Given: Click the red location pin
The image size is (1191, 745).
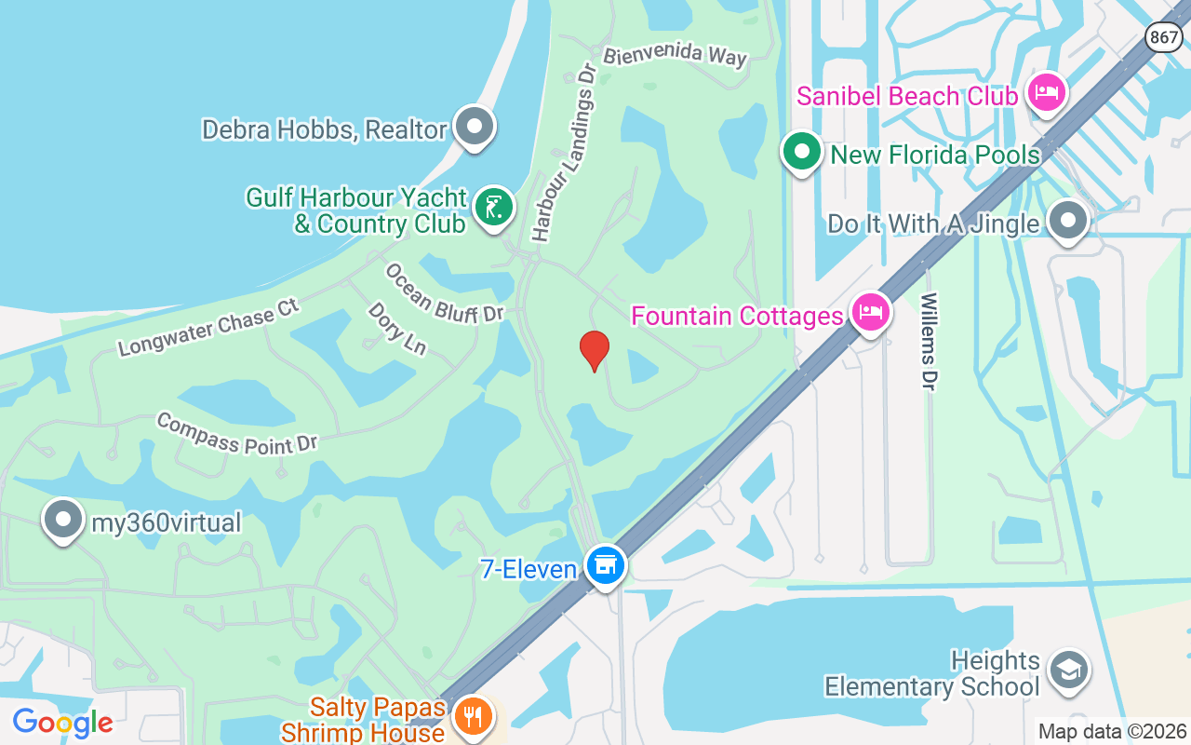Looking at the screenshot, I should coord(595,350).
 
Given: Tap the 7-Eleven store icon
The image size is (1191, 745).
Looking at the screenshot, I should coord(606,564).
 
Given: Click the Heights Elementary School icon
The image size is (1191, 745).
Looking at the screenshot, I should coord(1068,669).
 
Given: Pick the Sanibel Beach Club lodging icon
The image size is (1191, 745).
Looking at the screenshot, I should coord(1048,93).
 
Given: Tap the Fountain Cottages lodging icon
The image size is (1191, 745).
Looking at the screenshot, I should coord(871,312).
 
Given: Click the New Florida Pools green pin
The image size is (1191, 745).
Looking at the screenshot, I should coord(801,151).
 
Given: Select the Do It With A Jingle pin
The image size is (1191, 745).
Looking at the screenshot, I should coord(1067,221).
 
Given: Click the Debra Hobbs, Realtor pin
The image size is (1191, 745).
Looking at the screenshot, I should coord(475,126).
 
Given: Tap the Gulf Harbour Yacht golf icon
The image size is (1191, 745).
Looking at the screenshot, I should coord(494,207).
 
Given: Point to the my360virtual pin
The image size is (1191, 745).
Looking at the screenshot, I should coord(63,520).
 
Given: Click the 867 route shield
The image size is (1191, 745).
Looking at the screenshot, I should coord(1164,37).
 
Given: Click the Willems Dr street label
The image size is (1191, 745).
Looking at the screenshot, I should coord(929,341).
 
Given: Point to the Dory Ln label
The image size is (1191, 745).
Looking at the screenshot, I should coord(396,328).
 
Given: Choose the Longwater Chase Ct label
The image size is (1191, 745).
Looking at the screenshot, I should coord(208,327).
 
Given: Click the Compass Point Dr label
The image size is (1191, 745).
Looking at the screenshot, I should coord(237,433).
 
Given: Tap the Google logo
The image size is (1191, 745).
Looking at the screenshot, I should coord(62,722).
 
